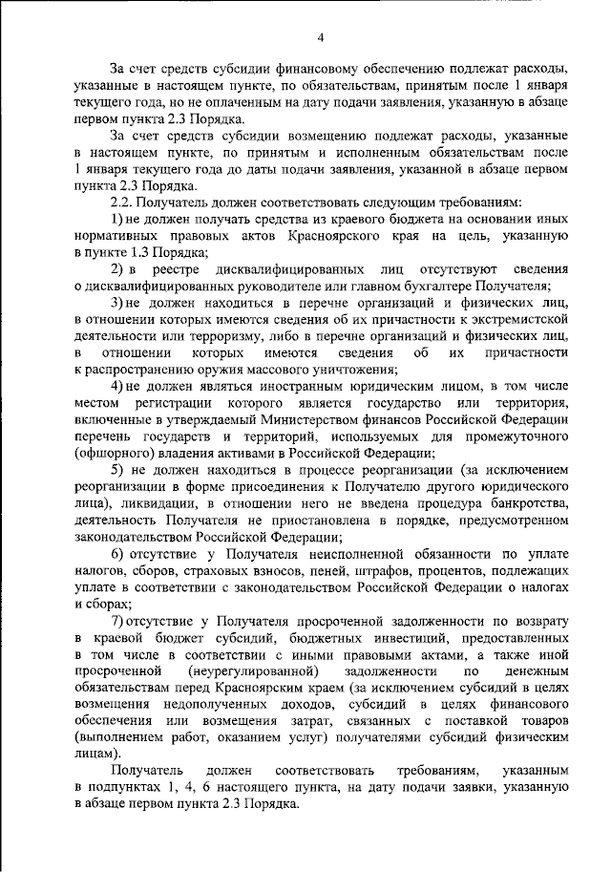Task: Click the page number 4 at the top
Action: tap(321, 37)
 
